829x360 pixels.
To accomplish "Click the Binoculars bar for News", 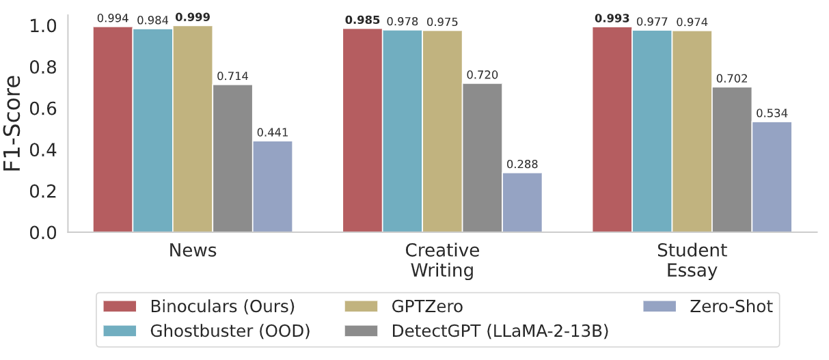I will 113,130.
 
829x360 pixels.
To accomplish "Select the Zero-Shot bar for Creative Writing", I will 522,203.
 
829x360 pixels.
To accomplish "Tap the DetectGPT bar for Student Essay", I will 732,160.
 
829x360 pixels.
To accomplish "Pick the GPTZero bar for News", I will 193,129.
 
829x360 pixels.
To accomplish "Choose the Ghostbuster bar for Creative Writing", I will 403,131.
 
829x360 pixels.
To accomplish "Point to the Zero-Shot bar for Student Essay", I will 772,178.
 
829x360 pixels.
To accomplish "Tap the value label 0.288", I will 522,165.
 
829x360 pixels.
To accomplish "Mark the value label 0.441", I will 273,133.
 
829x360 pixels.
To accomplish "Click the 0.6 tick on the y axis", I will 43,109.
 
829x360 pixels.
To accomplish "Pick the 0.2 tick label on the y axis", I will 43,192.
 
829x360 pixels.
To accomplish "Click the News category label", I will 193,251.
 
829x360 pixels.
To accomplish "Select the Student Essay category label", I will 692,260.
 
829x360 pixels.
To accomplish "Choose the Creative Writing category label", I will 442,260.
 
